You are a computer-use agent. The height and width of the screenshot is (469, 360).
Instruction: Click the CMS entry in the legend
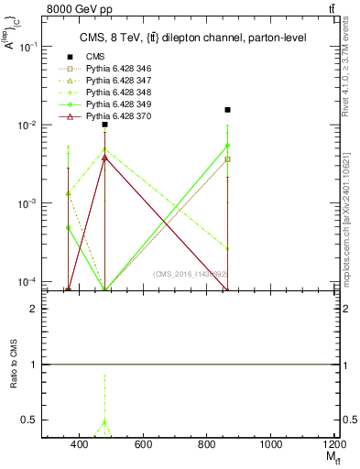tap(95, 57)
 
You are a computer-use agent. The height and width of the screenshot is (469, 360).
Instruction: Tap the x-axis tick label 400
tap(79, 444)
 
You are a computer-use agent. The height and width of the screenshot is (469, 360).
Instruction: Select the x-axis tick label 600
tap(143, 444)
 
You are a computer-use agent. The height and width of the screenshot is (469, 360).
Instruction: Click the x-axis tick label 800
tap(207, 444)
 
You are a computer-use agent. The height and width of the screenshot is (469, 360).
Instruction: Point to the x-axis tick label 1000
tap(270, 444)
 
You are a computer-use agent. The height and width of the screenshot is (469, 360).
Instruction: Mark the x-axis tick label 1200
tap(333, 444)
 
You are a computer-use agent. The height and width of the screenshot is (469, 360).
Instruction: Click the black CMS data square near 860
tap(227, 110)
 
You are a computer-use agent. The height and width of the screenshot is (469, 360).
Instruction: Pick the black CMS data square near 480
tap(105, 125)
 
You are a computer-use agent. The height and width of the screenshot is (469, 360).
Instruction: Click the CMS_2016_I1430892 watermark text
tap(189, 273)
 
